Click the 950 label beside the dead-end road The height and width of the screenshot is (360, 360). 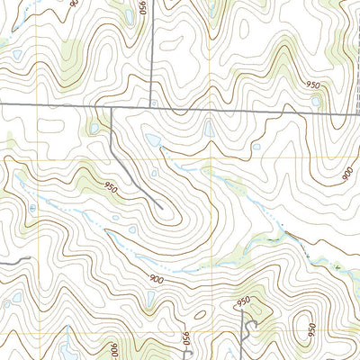pos(111,188)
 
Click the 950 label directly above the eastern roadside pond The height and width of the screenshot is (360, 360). pos(313,85)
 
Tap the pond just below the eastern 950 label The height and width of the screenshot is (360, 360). pos(315,102)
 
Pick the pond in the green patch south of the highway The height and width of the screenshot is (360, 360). pos(93,130)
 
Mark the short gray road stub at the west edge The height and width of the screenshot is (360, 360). pos(16,258)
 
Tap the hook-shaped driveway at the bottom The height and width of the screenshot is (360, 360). pos(248,326)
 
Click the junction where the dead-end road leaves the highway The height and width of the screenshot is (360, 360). pos(110,107)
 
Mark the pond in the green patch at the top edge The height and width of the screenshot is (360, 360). pos(209,11)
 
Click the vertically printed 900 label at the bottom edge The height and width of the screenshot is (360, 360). pos(114,349)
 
